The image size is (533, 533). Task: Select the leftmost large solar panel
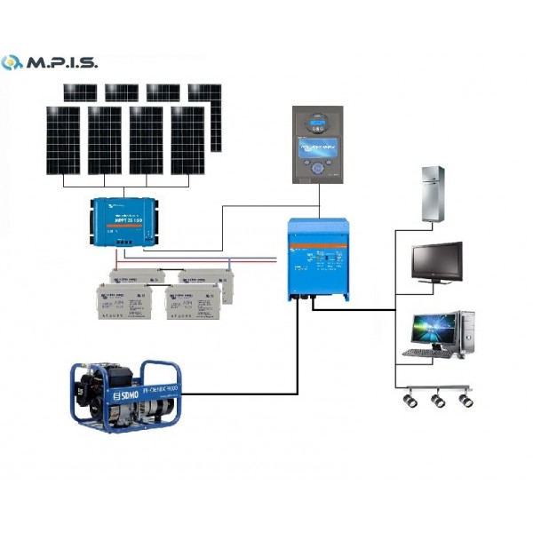point(63,140)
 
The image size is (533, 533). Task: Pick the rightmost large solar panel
point(187,140)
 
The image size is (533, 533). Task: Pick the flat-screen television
point(435,260)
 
